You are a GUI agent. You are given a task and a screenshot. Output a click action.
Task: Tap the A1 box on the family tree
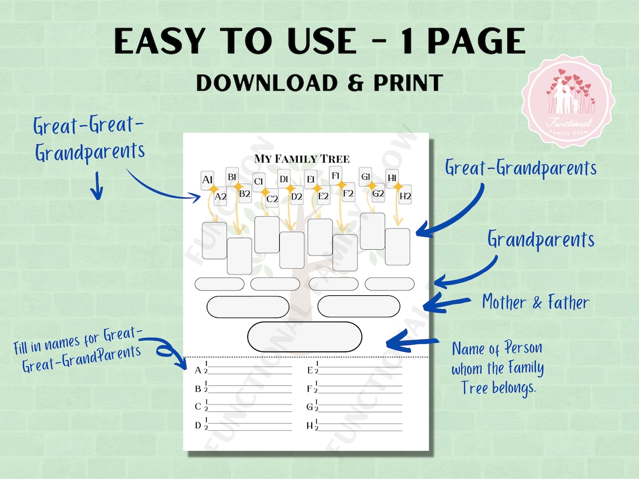click(207, 180)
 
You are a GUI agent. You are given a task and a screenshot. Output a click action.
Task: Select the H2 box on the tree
click(405, 196)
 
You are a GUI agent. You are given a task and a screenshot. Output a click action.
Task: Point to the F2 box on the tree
click(348, 194)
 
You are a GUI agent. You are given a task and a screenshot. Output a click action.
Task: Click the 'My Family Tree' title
click(302, 159)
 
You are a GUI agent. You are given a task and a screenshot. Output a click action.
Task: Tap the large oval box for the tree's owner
click(305, 337)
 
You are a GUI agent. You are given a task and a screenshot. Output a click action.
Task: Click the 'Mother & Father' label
click(535, 303)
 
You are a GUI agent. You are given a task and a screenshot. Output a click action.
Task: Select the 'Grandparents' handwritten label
click(540, 240)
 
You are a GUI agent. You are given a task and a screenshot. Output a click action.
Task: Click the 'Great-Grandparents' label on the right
click(521, 168)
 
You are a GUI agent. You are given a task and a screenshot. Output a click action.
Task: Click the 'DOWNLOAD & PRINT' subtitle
click(319, 82)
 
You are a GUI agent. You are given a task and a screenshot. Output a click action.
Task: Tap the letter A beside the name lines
click(198, 370)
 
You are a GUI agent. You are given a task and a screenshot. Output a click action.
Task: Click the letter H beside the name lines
click(309, 426)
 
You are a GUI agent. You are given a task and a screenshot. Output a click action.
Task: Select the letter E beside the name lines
click(309, 370)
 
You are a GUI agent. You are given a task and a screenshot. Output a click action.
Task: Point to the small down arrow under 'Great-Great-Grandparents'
click(97, 187)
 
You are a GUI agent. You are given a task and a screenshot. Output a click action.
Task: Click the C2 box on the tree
click(272, 198)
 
